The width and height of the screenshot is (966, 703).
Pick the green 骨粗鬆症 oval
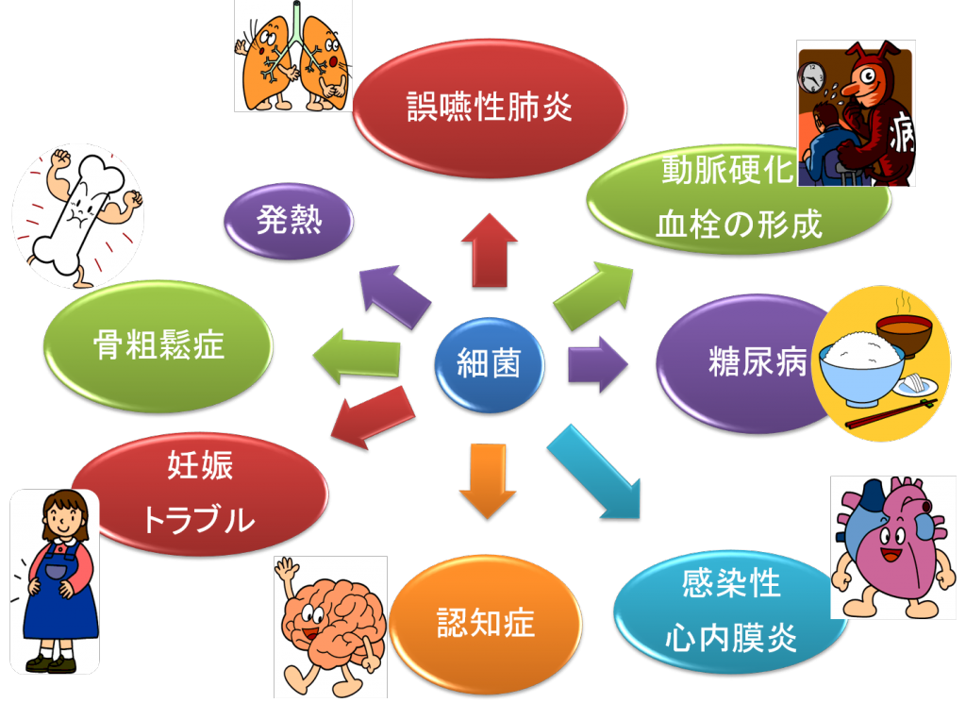[159, 345]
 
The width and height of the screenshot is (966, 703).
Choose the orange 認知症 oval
[485, 622]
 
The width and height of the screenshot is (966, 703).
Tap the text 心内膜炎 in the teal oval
[731, 639]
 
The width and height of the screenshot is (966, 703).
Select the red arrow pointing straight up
[489, 249]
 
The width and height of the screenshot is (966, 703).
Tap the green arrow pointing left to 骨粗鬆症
[355, 358]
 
